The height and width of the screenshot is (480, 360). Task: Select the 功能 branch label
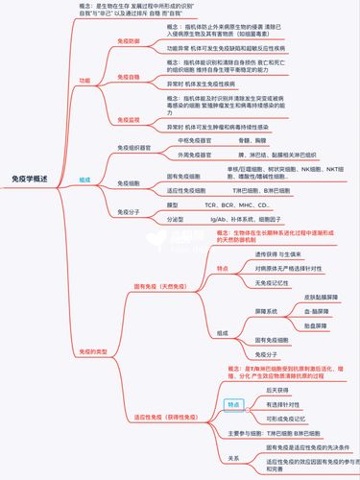click(x=84, y=82)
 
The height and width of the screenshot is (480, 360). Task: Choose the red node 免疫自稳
click(x=129, y=75)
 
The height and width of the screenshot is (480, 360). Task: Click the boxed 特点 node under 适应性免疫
click(x=232, y=405)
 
